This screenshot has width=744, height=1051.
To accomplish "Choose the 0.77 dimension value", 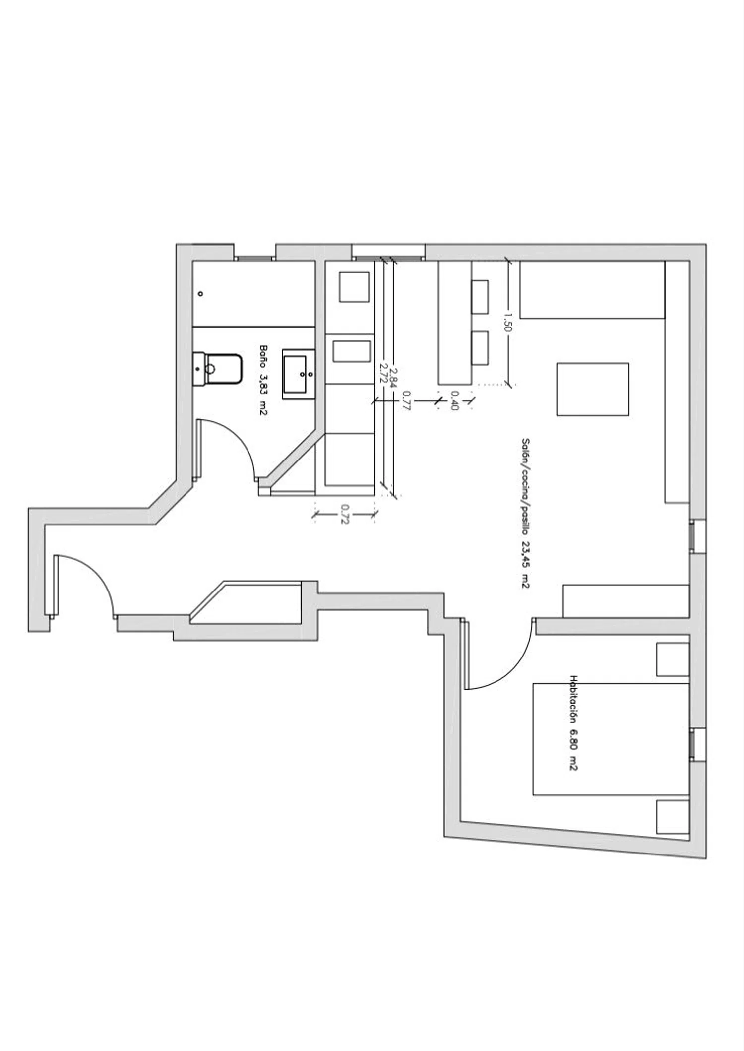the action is pyautogui.click(x=406, y=400).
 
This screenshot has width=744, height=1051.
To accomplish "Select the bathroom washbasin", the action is pyautogui.click(x=299, y=374).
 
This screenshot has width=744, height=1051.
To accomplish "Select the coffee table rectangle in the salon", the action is pyautogui.click(x=593, y=389).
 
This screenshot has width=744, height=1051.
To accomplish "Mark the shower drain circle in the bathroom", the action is pyautogui.click(x=200, y=294).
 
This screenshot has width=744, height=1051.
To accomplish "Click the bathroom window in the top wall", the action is pyautogui.click(x=254, y=258).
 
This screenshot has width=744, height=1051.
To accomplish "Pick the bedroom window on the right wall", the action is pyautogui.click(x=693, y=744).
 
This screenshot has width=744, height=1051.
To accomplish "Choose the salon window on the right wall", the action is pyautogui.click(x=693, y=536).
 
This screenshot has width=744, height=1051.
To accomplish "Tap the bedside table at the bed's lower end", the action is pyautogui.click(x=673, y=817).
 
